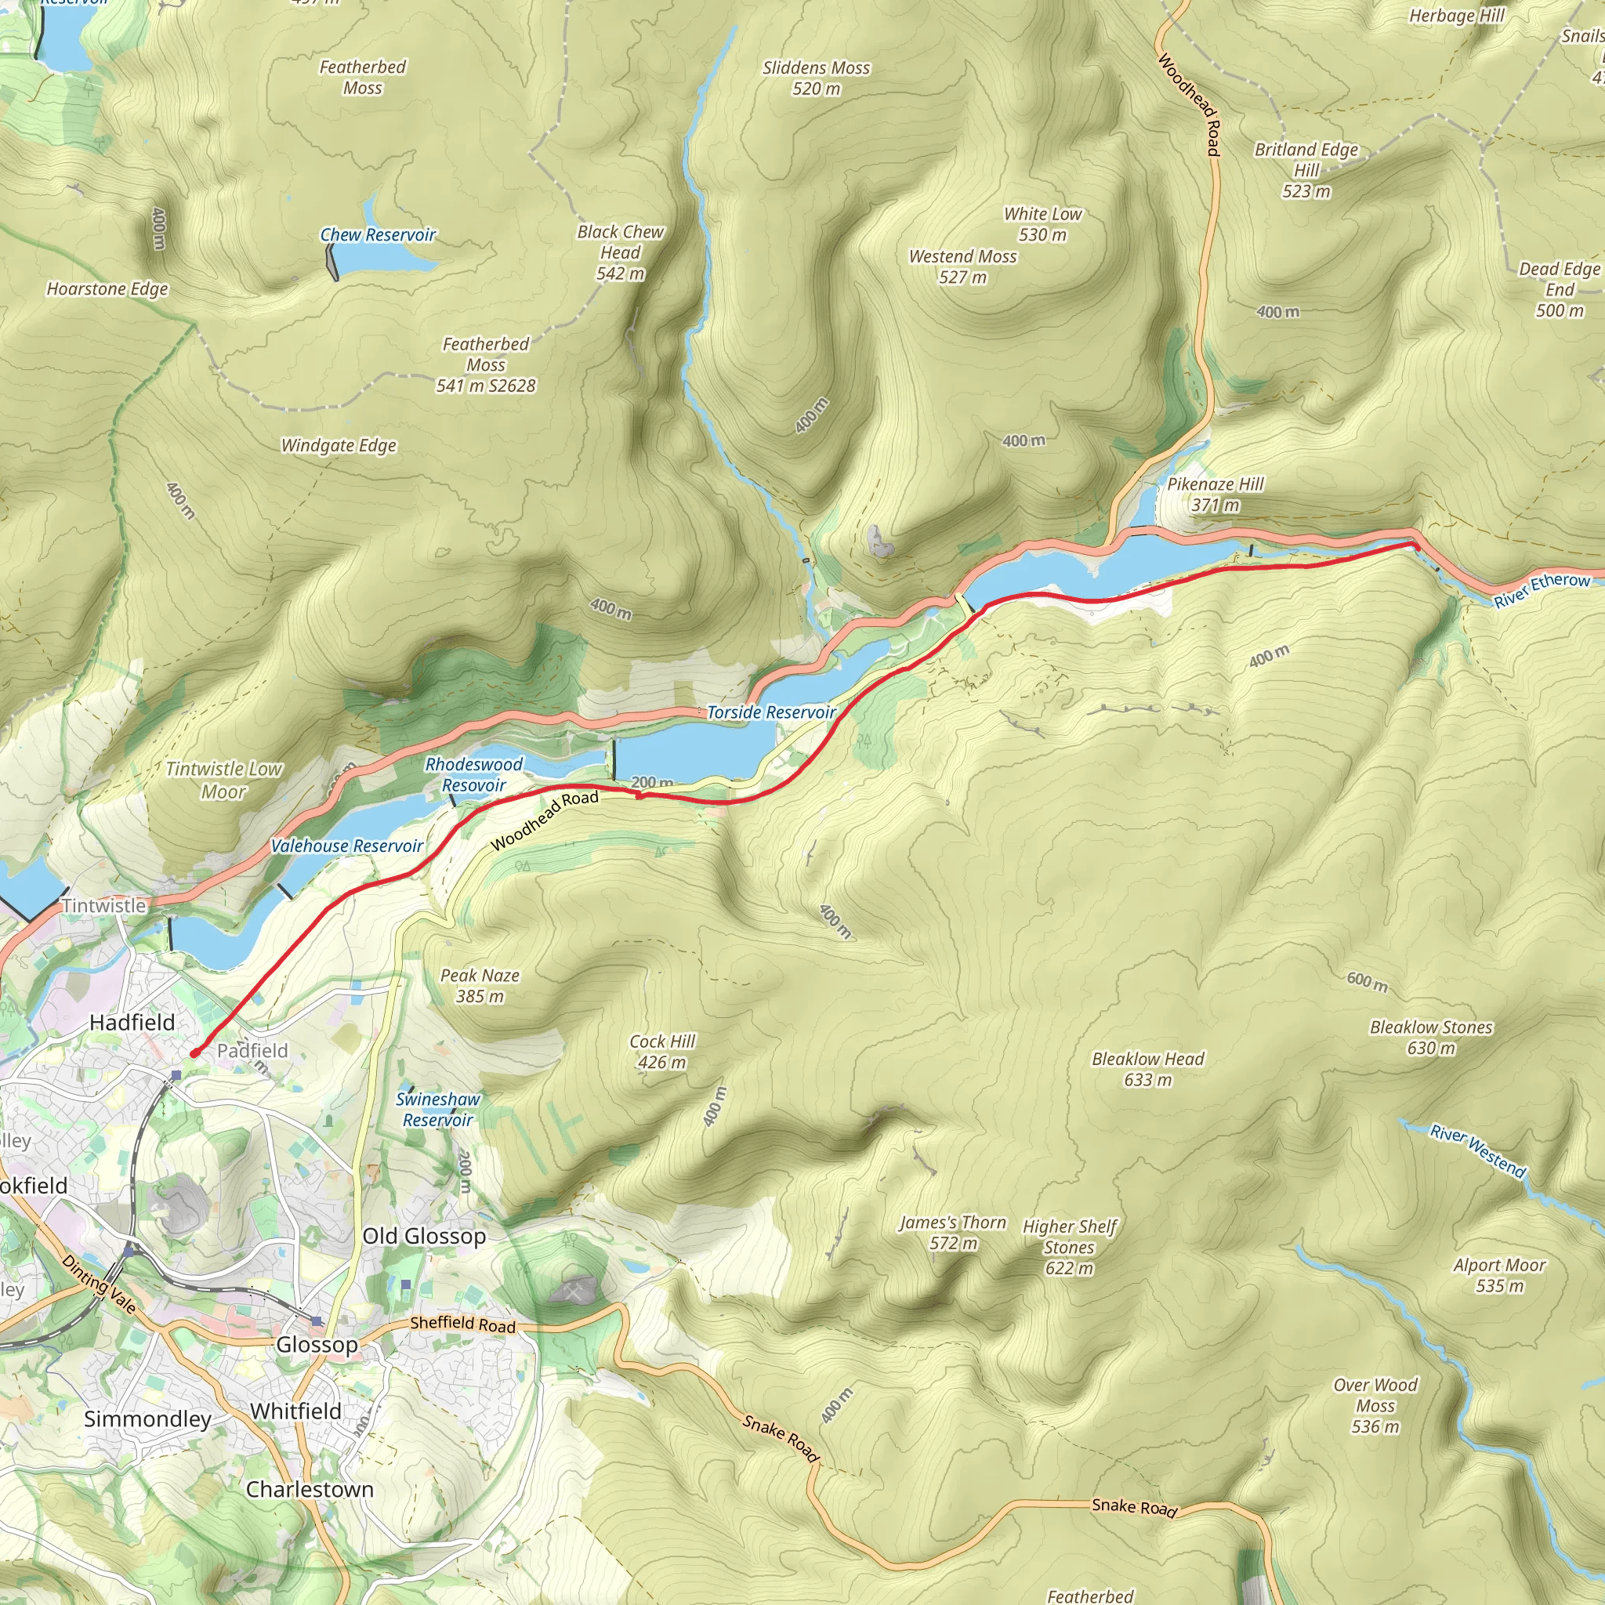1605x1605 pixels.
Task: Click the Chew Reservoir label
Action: (378, 235)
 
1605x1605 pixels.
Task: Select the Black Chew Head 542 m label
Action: (621, 252)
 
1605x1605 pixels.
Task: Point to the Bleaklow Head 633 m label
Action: (1147, 1069)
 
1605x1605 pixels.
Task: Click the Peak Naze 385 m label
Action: (480, 985)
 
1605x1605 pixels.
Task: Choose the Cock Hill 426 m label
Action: (662, 1052)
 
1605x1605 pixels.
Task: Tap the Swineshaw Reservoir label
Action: (438, 1109)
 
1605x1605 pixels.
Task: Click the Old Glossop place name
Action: (424, 1236)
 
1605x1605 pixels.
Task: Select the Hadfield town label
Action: (132, 1023)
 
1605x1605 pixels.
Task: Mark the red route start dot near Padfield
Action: (194, 1053)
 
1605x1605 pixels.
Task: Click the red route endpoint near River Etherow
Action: (1415, 545)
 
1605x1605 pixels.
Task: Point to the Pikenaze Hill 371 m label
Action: (1215, 495)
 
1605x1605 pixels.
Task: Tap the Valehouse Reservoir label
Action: (347, 846)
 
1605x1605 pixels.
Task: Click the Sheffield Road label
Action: (462, 1324)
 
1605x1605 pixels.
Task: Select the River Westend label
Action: (1478, 1151)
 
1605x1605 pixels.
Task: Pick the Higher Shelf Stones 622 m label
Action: (1069, 1247)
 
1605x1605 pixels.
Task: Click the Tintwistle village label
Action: (104, 905)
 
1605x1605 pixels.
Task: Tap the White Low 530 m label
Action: (1042, 224)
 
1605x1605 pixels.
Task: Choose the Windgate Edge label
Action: (338, 445)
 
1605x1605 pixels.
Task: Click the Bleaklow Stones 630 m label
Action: (1430, 1038)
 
